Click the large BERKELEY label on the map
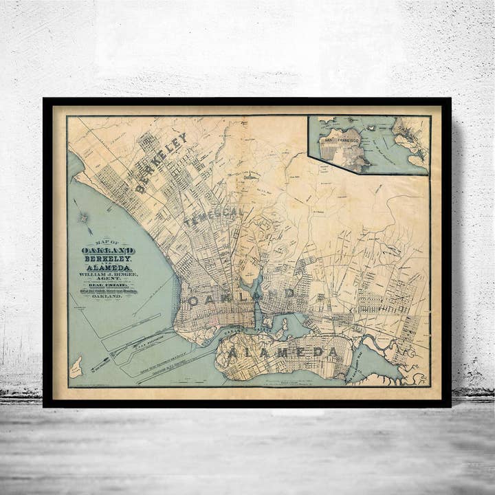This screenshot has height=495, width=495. [161, 163]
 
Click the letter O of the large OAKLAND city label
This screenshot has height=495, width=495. [193, 300]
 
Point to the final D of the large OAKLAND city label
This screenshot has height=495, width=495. [290, 293]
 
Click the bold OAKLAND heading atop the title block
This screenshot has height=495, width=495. [108, 251]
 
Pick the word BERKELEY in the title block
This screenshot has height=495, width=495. [109, 259]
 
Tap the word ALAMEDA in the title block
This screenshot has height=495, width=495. [109, 269]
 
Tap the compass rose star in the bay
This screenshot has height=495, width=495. [84, 218]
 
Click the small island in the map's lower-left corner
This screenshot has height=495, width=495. [76, 367]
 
